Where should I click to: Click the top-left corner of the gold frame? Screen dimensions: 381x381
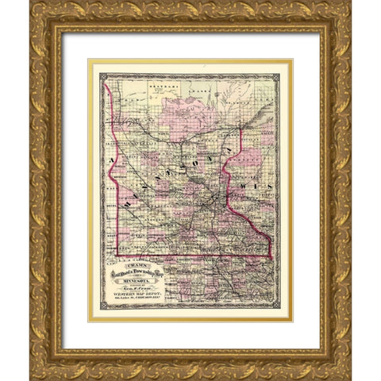32,3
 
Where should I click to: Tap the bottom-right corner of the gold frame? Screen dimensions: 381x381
349,378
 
